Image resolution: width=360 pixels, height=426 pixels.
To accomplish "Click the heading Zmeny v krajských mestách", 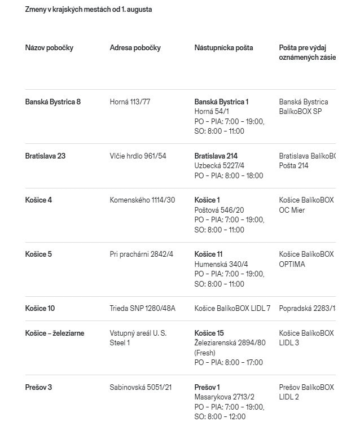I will (x=89, y=10).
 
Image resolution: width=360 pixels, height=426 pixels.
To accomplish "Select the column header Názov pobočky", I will (x=49, y=48).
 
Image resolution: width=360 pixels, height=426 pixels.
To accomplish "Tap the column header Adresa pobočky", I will (x=135, y=48).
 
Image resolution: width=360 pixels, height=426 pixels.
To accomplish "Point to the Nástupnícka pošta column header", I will (x=223, y=48).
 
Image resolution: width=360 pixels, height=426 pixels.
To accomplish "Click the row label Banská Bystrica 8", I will (x=53, y=102).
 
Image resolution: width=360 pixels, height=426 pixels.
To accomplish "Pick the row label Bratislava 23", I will (x=45, y=156).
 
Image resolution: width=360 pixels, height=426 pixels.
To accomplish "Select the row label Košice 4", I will (x=38, y=200).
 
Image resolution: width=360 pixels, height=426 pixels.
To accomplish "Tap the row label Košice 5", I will (x=38, y=254).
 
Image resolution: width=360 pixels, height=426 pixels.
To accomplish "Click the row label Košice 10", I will (x=40, y=309).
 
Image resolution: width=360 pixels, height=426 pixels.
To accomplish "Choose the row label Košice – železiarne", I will (x=55, y=333).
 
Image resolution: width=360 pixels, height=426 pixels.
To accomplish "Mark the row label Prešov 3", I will (x=38, y=388).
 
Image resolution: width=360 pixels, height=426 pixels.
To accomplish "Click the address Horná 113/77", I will (x=130, y=102).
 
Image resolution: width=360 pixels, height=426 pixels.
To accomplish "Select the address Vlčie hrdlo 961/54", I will (x=138, y=156).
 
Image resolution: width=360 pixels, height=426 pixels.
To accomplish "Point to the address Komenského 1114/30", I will (x=142, y=200).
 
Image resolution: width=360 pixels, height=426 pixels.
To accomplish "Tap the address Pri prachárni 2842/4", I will (x=141, y=254).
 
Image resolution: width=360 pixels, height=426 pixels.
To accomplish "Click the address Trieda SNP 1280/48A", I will (x=142, y=309).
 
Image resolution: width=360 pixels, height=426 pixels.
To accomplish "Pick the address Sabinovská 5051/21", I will (x=141, y=388).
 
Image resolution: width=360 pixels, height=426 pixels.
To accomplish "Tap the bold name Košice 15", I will (x=209, y=333).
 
